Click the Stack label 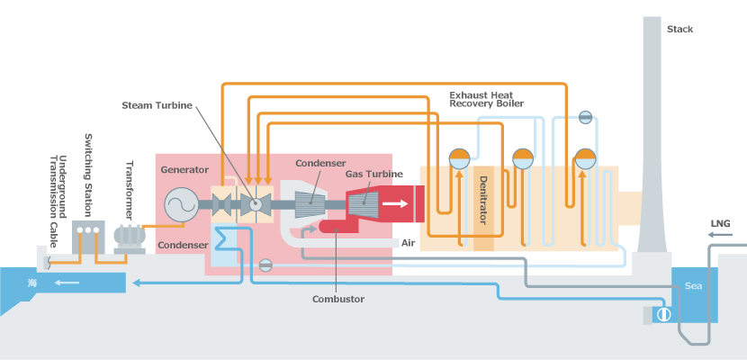(x=679, y=29)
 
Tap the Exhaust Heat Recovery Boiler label (x=486, y=99)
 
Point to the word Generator (x=184, y=169)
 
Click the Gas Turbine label (x=373, y=174)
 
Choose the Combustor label (x=337, y=299)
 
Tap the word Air (x=408, y=243)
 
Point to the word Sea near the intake (x=693, y=285)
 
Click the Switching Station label (x=88, y=175)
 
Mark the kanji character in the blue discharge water (x=32, y=282)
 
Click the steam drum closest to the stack (x=586, y=157)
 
